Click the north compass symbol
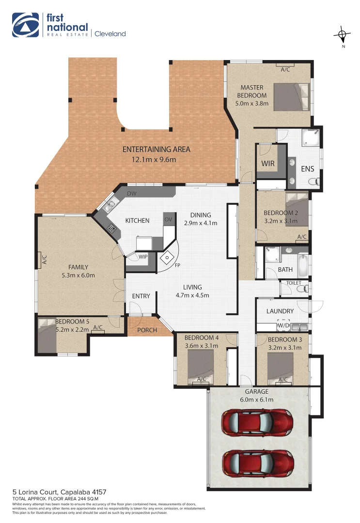coord(343,35)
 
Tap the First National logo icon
coord(25,25)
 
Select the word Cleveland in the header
coord(110,34)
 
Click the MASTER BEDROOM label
coord(252,92)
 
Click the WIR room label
coord(268,164)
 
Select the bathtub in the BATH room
coord(302,265)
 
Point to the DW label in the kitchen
coord(131,194)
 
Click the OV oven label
coord(168,219)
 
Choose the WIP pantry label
coord(143,257)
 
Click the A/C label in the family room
coord(44,261)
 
